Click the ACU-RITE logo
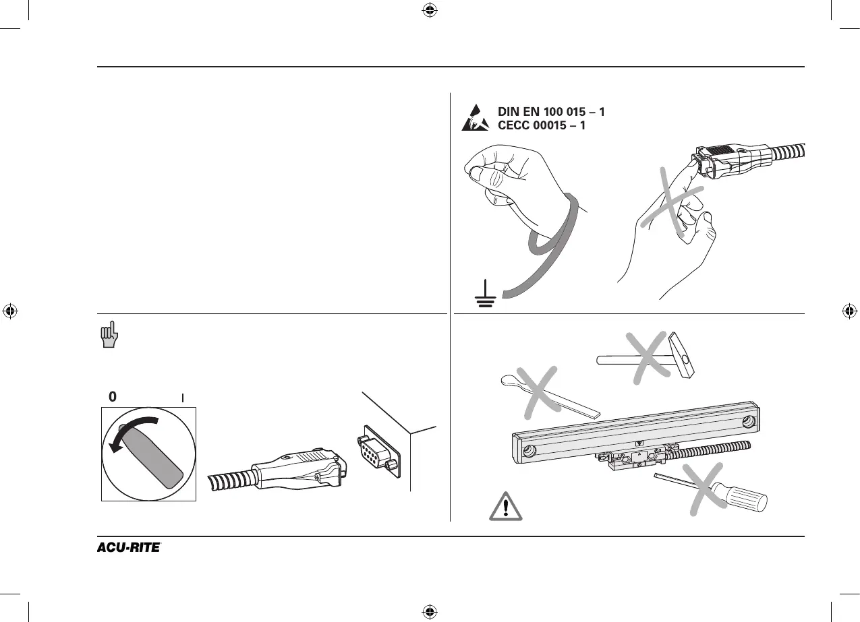(128, 547)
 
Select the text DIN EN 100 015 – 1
(551, 111)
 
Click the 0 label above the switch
(113, 398)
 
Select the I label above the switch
(183, 398)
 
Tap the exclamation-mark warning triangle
(506, 506)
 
